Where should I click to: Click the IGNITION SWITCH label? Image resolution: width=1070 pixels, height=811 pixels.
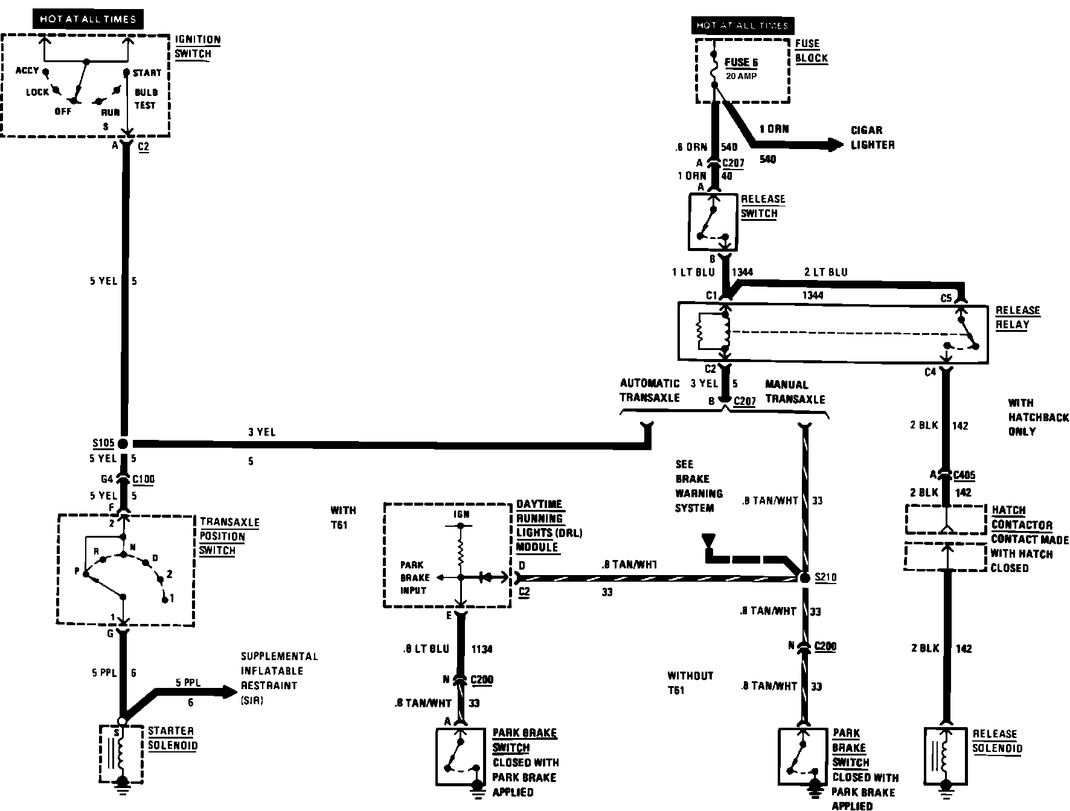point(197,46)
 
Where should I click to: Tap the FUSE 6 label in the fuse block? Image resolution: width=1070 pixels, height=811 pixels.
point(741,63)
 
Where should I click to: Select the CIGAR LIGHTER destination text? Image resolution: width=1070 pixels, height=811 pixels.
point(872,138)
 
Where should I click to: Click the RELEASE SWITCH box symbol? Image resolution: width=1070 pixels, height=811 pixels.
point(713,221)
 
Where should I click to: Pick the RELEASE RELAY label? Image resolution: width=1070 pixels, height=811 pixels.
point(1017,317)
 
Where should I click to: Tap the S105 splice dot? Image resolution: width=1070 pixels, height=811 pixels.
point(123,444)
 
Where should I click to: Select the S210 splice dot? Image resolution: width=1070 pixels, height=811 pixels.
point(804,577)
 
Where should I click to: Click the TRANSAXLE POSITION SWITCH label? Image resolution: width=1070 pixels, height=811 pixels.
point(229,536)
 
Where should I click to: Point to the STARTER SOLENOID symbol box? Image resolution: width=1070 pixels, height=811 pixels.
point(121,754)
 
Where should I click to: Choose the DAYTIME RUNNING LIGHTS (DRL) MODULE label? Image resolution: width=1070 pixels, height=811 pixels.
point(548,526)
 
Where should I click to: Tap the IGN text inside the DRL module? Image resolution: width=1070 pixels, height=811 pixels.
point(461,514)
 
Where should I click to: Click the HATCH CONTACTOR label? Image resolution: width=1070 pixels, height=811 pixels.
point(1022,517)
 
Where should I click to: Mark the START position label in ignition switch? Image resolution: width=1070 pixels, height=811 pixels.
point(147,73)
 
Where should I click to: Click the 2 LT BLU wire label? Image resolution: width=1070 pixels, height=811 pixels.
point(825,272)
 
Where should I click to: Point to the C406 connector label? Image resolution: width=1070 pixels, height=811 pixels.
point(963,475)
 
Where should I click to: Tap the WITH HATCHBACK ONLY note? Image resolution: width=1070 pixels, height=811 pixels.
point(1038,417)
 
